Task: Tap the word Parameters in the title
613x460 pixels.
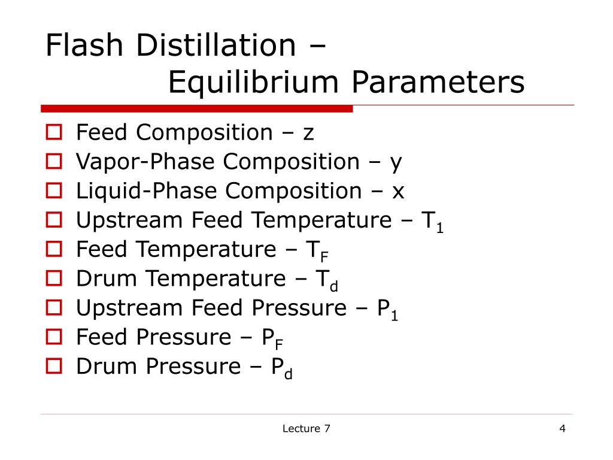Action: click(438, 83)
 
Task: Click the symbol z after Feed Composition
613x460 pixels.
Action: click(308, 132)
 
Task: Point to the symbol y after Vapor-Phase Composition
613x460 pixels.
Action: click(396, 162)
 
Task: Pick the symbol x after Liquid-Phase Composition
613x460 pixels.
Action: click(398, 192)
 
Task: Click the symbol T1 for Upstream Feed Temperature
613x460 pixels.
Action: click(433, 222)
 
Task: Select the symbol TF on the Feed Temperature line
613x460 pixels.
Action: click(317, 251)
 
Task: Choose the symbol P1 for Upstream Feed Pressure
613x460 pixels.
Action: click(387, 310)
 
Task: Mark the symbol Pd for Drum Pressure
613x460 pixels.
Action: click(281, 368)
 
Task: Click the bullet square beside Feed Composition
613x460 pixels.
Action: click(54, 132)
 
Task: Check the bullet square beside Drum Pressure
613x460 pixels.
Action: click(54, 367)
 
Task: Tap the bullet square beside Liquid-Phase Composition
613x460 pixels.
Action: click(54, 191)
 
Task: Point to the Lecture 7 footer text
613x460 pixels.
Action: click(306, 428)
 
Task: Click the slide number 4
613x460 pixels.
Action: click(562, 428)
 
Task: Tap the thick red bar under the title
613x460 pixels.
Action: click(197, 109)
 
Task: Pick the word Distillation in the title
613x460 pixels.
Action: click(216, 46)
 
